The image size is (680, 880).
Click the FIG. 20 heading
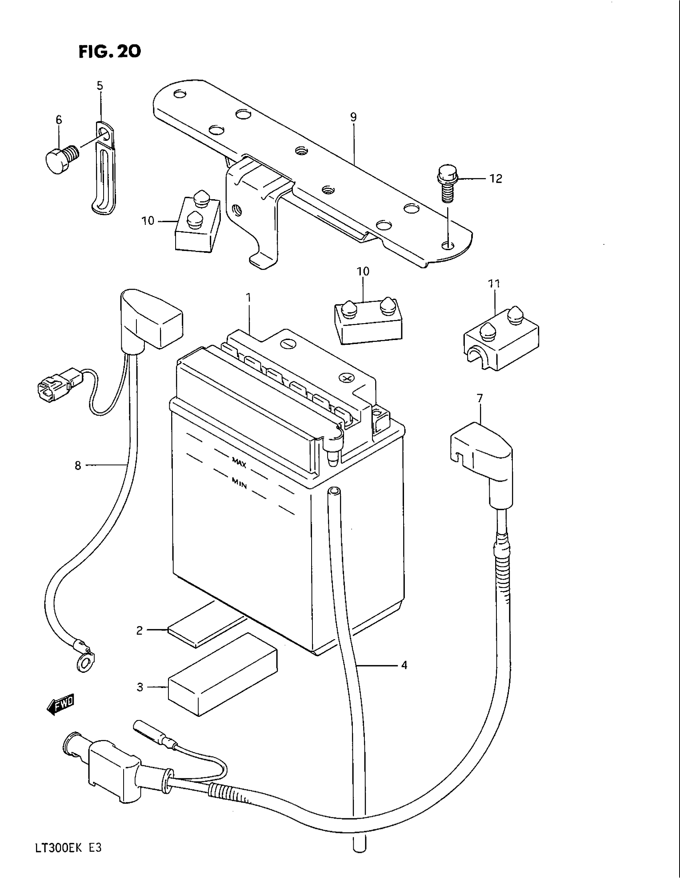click(109, 51)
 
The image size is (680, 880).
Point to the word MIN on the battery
click(239, 483)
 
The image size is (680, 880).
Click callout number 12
click(496, 178)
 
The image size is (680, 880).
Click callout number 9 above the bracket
click(353, 117)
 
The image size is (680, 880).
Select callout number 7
click(479, 398)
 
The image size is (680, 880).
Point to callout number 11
click(494, 284)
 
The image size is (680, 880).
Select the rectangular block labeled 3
click(223, 680)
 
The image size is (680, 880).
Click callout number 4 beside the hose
click(404, 665)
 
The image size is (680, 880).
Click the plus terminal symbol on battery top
click(345, 378)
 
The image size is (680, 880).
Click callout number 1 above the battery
click(248, 298)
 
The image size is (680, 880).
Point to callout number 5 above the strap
click(100, 86)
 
